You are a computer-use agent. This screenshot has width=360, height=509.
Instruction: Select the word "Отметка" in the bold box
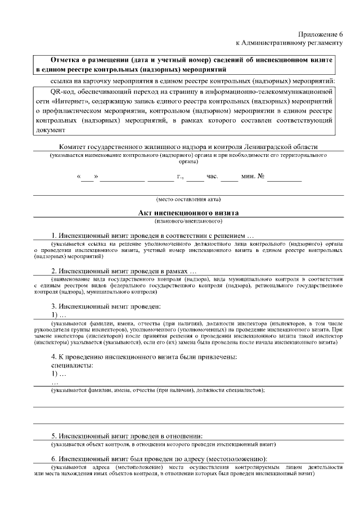pyautogui.click(x=65, y=59)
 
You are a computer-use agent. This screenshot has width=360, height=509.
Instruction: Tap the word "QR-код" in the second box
pyautogui.click(x=62, y=91)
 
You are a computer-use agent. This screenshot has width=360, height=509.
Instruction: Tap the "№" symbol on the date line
pyautogui.click(x=261, y=177)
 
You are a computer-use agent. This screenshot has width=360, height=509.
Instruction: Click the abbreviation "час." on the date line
pyautogui.click(x=212, y=177)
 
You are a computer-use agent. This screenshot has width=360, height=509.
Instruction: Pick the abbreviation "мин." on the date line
pyautogui.click(x=247, y=177)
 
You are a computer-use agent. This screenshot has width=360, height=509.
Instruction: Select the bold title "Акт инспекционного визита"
pyautogui.click(x=188, y=213)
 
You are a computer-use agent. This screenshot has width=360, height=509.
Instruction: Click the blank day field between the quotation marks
pyautogui.click(x=87, y=177)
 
